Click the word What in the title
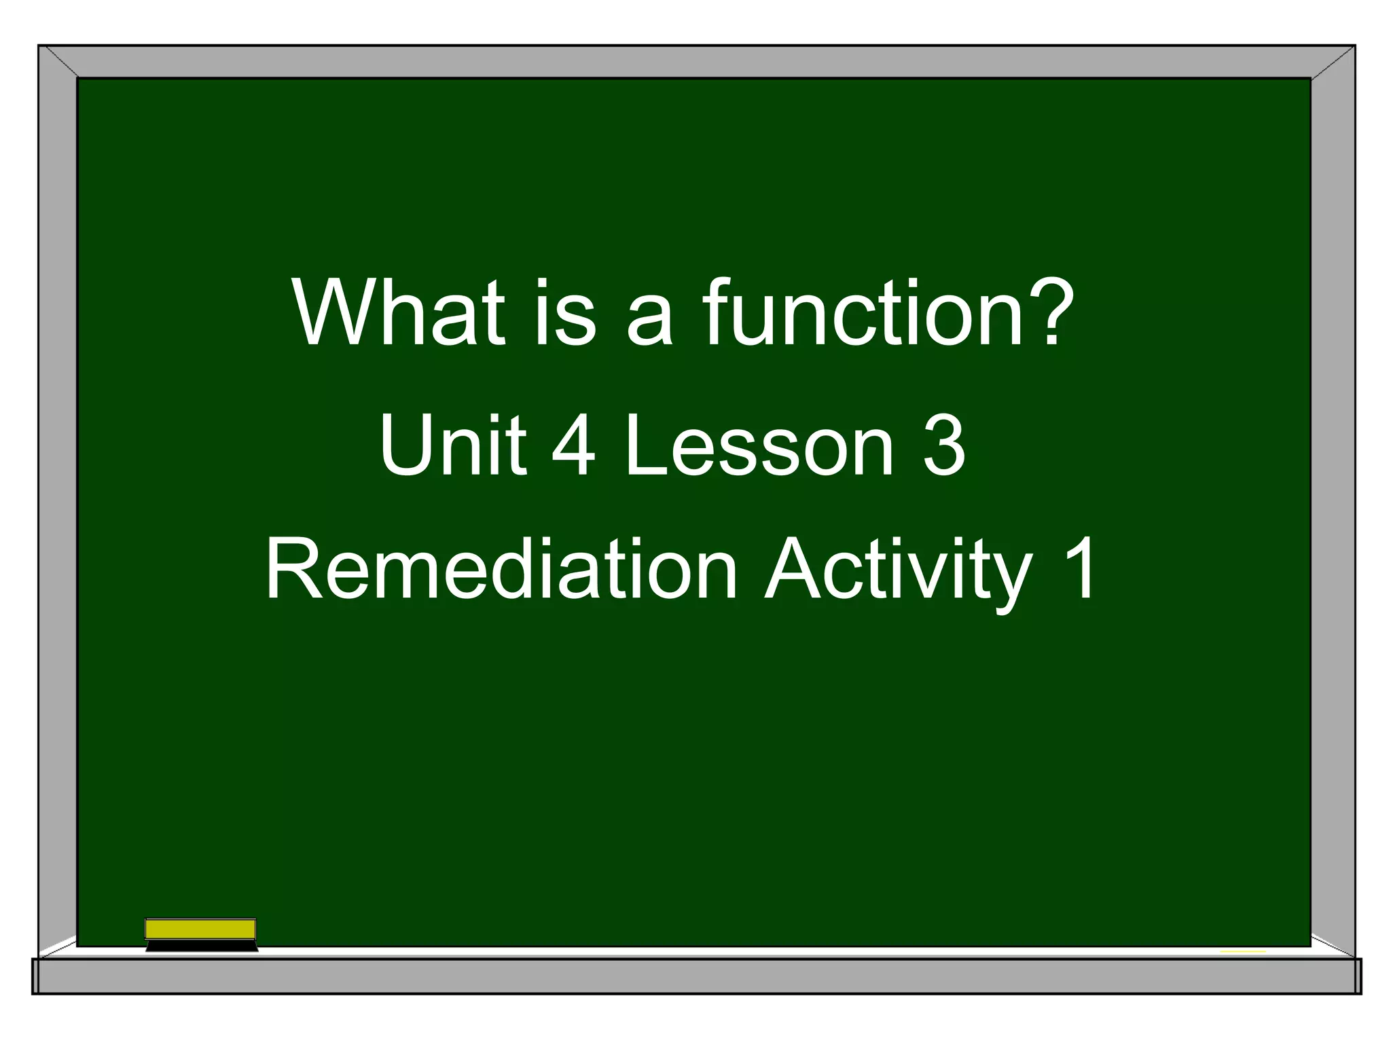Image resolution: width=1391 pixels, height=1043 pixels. [399, 314]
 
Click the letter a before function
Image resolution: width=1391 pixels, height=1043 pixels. [649, 319]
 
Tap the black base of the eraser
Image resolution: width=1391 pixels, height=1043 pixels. [202, 946]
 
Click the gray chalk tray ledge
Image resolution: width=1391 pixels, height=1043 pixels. [695, 976]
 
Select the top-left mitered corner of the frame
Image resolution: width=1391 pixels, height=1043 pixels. [58, 62]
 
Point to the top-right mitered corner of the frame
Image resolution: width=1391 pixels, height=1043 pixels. [1333, 62]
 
